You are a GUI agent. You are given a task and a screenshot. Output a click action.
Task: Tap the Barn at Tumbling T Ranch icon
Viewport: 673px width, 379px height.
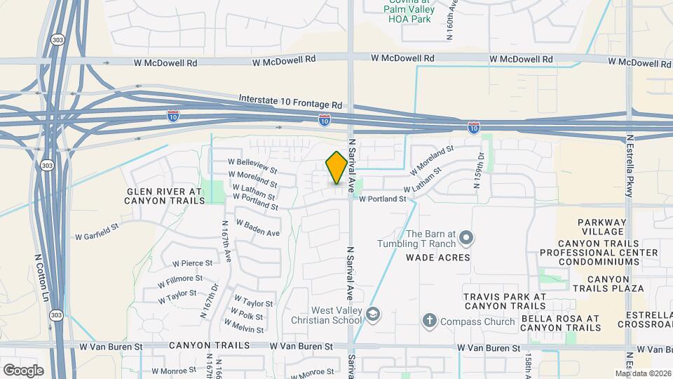point(465,239)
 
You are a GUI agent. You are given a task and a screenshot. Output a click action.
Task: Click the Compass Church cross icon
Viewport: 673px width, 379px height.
point(429,321)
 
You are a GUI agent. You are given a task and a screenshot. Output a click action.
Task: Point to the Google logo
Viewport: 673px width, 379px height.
point(23,371)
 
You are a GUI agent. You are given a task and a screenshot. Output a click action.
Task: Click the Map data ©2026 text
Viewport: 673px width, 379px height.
point(642,373)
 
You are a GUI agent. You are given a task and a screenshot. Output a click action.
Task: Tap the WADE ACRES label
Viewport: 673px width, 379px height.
point(437,258)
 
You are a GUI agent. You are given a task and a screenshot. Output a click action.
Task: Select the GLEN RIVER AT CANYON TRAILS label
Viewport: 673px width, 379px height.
point(165,196)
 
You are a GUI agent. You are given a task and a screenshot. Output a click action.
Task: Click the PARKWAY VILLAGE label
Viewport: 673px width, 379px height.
point(601,227)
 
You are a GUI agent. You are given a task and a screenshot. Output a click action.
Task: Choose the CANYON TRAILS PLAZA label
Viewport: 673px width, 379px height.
point(606,288)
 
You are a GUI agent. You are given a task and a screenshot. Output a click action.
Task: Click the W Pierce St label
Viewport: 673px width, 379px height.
point(192,263)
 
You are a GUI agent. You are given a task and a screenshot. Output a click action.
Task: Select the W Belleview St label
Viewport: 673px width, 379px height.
point(252,166)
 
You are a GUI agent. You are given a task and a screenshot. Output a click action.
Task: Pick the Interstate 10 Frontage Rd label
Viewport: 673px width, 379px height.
point(290,102)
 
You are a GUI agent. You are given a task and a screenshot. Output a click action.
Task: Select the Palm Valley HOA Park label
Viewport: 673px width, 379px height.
point(409,15)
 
